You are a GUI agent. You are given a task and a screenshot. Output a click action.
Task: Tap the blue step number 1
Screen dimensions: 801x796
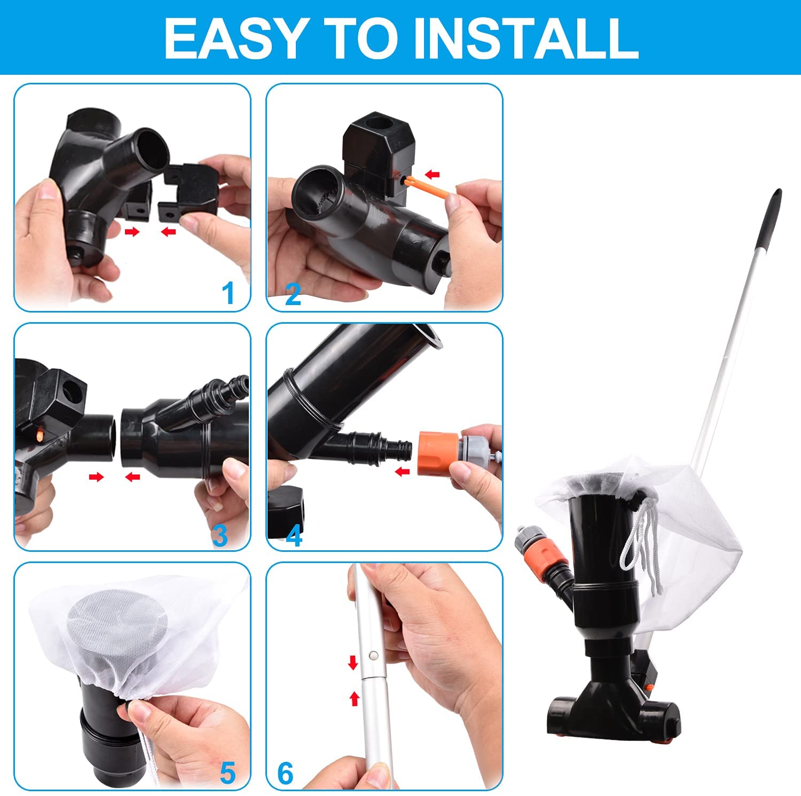(x=229, y=293)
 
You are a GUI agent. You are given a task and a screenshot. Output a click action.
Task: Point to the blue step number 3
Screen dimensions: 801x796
(x=220, y=535)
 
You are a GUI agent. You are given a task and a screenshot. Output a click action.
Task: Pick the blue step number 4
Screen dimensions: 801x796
(x=294, y=535)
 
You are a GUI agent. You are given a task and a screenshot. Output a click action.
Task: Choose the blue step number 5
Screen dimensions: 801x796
(x=228, y=774)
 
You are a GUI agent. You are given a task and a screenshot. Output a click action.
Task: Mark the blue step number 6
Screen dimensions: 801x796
(x=286, y=774)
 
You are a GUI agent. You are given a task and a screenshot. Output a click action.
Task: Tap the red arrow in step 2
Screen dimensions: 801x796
(x=432, y=174)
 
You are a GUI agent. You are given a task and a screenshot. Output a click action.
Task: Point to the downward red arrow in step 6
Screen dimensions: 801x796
(x=352, y=662)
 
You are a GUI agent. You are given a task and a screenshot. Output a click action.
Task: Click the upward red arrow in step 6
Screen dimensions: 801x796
(x=354, y=698)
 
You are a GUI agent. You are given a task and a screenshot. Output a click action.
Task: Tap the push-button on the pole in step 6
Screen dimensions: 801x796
(x=372, y=655)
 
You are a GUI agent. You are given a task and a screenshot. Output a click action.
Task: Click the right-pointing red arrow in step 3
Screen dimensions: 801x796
(x=97, y=477)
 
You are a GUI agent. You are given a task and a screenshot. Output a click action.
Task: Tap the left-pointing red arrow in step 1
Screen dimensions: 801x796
(x=169, y=231)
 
